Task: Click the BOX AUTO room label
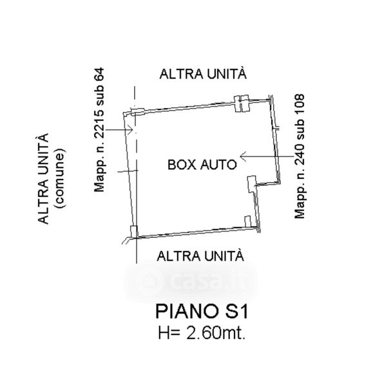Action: (x=202, y=165)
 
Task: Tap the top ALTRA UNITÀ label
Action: (x=203, y=73)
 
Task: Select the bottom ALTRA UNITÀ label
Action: (x=200, y=255)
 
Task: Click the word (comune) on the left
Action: (x=60, y=178)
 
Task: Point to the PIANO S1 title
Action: (x=202, y=311)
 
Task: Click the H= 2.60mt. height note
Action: (x=202, y=333)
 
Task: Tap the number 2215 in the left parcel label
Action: (x=100, y=125)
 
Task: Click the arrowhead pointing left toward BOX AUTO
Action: (x=243, y=156)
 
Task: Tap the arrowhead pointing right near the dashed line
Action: (x=130, y=130)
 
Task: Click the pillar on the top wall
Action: (x=242, y=104)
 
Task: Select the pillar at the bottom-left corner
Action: (x=133, y=232)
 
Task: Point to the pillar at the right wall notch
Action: (x=252, y=184)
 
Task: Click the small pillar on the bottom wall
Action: (x=247, y=221)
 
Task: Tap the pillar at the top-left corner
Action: (x=137, y=111)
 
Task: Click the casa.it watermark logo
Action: (x=191, y=281)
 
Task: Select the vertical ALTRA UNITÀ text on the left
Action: (x=43, y=178)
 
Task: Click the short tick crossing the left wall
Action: (x=128, y=171)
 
